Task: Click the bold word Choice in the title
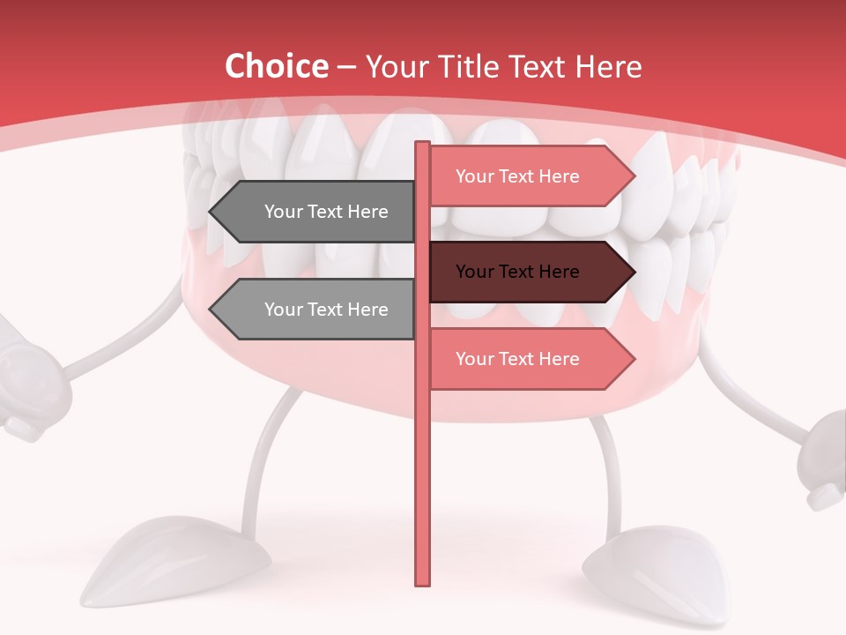tap(276, 66)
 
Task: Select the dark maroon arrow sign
tap(529, 272)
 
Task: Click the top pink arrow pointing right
tap(529, 176)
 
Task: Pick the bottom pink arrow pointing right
tap(529, 359)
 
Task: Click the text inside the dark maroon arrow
tap(517, 272)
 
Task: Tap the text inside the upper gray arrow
tap(326, 212)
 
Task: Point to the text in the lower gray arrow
tap(326, 310)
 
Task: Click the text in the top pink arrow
tap(517, 176)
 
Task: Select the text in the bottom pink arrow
tap(517, 359)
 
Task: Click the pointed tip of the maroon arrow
tap(632, 272)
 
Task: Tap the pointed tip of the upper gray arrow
tap(212, 212)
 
